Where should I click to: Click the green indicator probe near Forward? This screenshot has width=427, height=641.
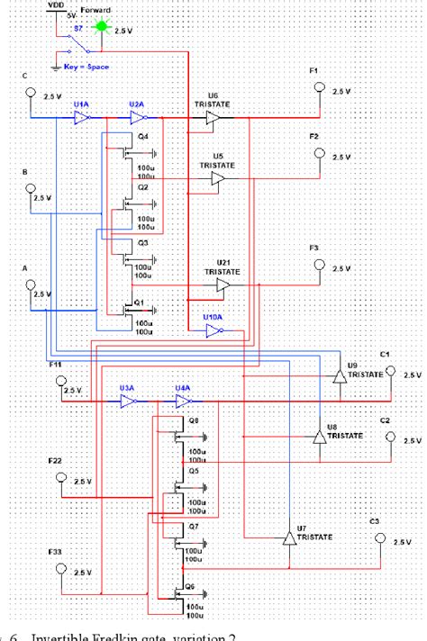pos(102,27)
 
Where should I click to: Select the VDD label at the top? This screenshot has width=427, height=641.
pos(55,5)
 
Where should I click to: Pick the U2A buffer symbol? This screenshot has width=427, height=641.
pos(137,116)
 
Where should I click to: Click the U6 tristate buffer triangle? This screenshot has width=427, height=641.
pos(213,118)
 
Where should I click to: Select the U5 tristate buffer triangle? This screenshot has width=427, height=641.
pos(217,180)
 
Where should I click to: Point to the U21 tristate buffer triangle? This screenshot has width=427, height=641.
pos(223,284)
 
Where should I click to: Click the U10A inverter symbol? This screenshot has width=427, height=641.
pos(213,330)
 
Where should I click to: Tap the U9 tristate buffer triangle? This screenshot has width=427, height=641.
pos(338,374)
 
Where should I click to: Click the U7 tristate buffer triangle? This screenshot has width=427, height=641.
pos(288,538)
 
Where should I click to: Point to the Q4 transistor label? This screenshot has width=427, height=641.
pos(142,136)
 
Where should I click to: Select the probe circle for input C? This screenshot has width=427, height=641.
pos(31,93)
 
